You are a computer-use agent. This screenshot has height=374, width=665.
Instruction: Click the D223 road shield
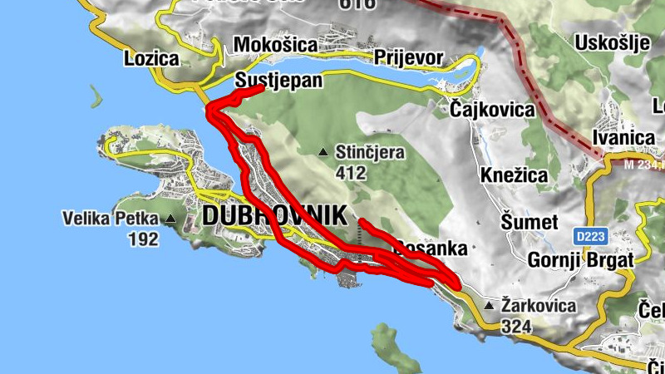pyautogui.click(x=589, y=237)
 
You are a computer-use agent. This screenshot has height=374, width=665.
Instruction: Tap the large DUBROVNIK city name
pyautogui.click(x=273, y=214)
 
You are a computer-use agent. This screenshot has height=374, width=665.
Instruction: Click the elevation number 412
pyautogui.click(x=352, y=173)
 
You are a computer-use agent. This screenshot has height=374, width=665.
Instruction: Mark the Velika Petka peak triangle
pyautogui.click(x=170, y=219)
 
